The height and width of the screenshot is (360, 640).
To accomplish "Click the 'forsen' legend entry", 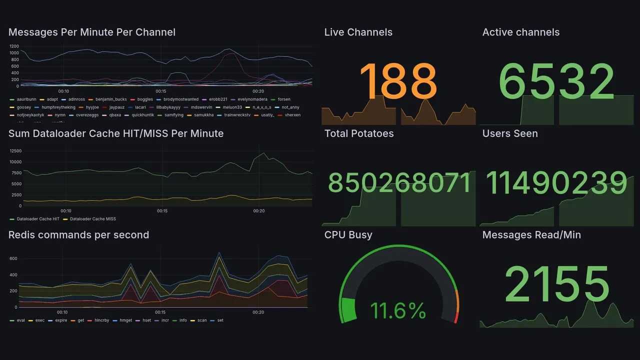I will pos(283,99).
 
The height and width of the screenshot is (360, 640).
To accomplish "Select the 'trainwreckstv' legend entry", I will pos(239,115).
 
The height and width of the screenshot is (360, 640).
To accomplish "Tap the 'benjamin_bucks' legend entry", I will pos(111,99).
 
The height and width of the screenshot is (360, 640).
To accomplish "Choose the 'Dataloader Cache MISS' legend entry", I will pos(92,219).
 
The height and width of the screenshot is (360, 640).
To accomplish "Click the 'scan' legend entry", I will pos(202,320).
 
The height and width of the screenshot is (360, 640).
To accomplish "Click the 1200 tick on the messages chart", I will pos(14,46).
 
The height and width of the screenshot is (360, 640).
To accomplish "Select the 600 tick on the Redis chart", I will pos(13,258).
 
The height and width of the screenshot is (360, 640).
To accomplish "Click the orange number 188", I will pos(398,81).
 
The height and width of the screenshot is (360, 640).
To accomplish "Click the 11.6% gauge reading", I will pos(398,311).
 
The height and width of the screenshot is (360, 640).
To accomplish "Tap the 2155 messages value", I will pos(557,284).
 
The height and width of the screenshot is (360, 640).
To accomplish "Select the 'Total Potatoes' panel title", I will pos(359,133).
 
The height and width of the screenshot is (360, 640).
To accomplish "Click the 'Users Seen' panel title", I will pos(510,133).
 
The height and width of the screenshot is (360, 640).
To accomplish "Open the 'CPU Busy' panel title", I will pos(348,235).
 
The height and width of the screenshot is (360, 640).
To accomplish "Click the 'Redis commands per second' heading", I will pos(78,235).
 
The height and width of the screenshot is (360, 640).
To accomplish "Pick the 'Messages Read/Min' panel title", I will pos(531,235).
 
